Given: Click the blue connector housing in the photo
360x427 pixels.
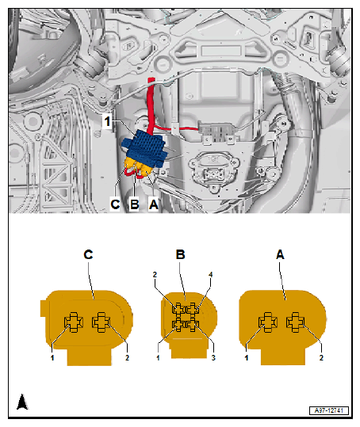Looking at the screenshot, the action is [x=144, y=148].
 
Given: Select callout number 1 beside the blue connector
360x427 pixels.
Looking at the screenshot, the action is [x=108, y=121].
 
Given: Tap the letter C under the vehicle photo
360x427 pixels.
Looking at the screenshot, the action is [x=115, y=204].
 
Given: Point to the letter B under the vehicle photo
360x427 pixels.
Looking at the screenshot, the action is [x=135, y=204].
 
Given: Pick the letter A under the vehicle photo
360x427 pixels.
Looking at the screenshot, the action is [x=153, y=204].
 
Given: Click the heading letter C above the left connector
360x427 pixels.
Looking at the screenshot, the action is [x=88, y=254].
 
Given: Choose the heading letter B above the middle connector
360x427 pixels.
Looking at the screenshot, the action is [x=181, y=254].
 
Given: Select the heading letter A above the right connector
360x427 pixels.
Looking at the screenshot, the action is [x=280, y=254].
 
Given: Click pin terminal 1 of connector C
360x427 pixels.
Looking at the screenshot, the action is [x=74, y=322].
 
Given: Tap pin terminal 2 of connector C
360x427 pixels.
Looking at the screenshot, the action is [x=101, y=322].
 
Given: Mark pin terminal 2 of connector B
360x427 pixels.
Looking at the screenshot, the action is [x=178, y=310].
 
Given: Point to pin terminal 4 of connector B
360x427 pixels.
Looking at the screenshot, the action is [x=193, y=310].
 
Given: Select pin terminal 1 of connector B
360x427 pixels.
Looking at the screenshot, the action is [x=178, y=325].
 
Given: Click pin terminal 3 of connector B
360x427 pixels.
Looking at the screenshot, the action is [x=193, y=325].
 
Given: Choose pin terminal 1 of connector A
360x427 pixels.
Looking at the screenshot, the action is [x=268, y=322].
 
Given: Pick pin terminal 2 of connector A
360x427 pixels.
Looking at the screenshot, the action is [x=296, y=322].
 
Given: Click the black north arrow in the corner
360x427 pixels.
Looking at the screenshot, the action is [x=23, y=402].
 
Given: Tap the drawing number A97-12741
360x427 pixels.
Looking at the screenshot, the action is [x=329, y=410].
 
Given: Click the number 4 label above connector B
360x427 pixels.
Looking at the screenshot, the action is [x=211, y=274].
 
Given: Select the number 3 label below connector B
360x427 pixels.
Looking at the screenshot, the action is [x=213, y=357].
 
